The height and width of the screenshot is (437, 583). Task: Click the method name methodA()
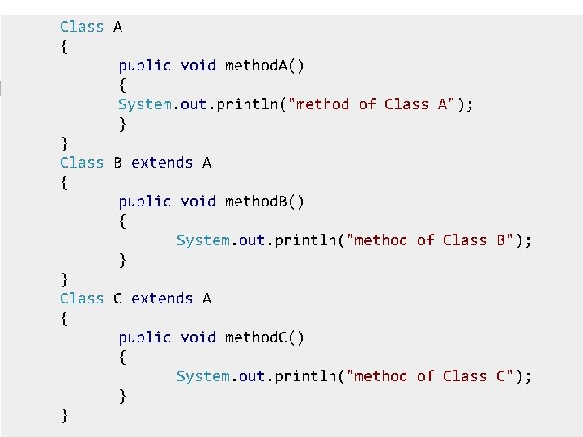tap(265, 66)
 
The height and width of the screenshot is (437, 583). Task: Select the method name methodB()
tap(265, 202)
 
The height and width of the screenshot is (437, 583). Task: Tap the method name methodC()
tap(265, 337)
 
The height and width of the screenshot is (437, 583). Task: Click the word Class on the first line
tap(82, 27)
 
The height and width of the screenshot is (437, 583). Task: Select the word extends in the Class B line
tap(162, 163)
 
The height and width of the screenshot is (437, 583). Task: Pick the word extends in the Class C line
tap(162, 299)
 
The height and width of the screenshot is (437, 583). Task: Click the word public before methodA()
tap(145, 66)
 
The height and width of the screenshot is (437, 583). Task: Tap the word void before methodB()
tap(198, 202)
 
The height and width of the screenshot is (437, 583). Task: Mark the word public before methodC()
tap(145, 337)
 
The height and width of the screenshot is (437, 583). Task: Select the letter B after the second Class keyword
tap(117, 163)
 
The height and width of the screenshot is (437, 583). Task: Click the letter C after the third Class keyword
tap(117, 299)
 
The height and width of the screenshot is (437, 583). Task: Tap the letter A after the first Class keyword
tap(117, 27)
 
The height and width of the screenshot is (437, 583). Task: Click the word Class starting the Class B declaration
tap(82, 163)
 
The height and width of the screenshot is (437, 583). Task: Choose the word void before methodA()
tap(198, 66)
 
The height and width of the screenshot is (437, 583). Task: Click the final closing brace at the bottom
tap(64, 416)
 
